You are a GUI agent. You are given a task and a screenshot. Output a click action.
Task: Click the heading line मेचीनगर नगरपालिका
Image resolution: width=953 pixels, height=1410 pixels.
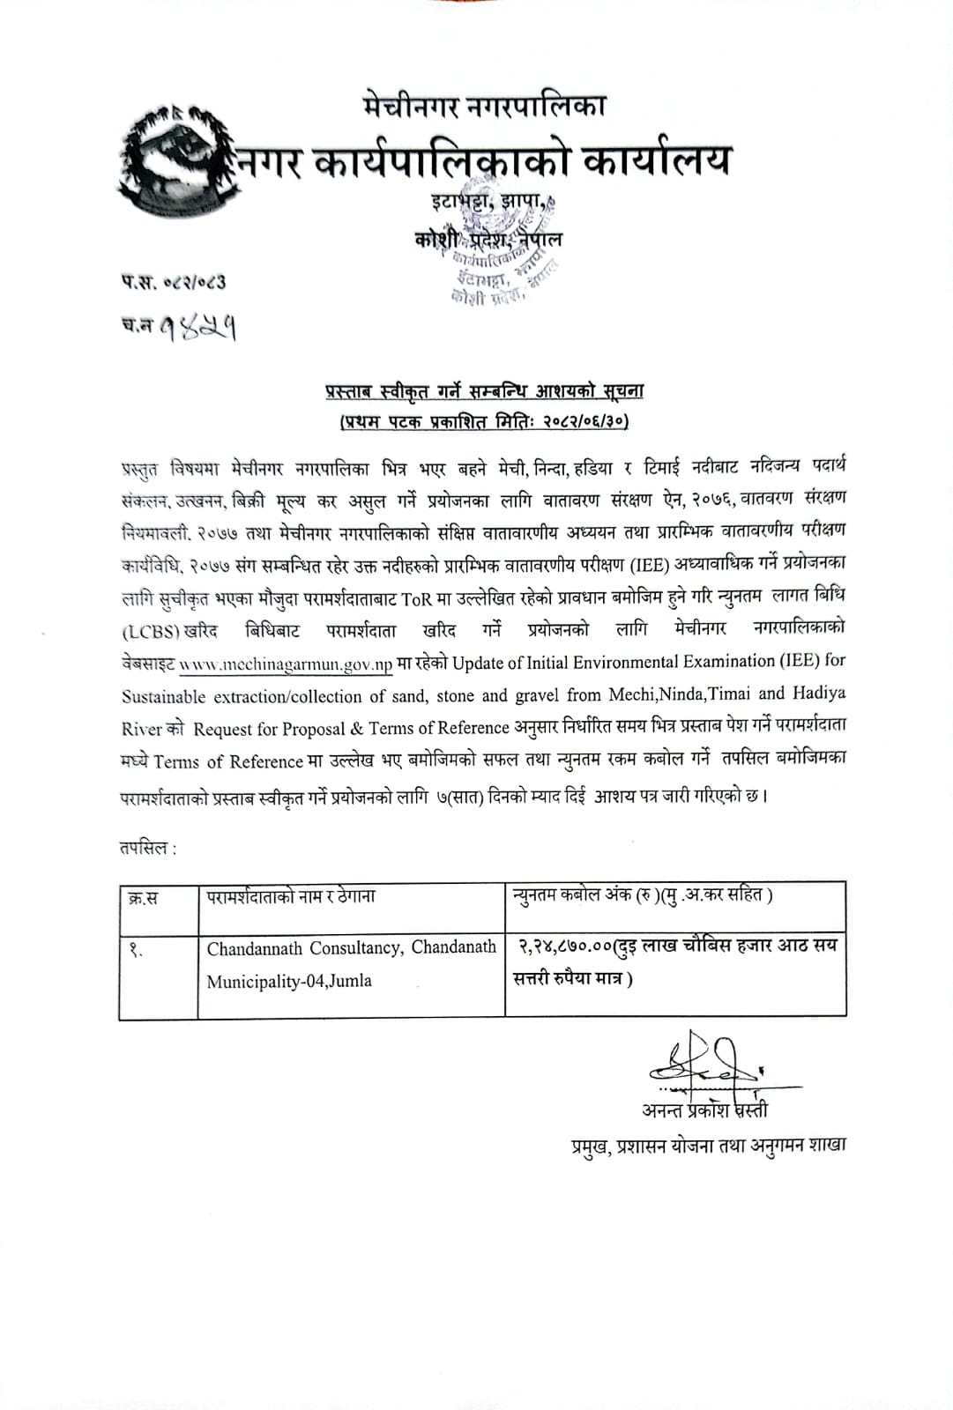(x=484, y=107)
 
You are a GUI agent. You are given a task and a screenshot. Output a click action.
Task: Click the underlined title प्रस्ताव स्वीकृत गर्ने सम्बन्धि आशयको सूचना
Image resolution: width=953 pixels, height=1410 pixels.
(x=484, y=390)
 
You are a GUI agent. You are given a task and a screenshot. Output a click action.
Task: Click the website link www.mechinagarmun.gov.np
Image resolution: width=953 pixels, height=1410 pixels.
(x=286, y=664)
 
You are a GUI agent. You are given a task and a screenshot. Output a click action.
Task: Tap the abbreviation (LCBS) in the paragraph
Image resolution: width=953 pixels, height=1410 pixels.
(x=151, y=631)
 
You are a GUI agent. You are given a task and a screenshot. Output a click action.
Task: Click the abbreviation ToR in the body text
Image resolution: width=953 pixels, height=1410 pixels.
(x=416, y=597)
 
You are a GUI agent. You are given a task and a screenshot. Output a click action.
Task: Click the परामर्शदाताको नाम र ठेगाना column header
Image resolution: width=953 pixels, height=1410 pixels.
(x=291, y=897)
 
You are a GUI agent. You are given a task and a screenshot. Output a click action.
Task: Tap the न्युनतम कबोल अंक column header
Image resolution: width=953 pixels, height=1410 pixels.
(x=643, y=895)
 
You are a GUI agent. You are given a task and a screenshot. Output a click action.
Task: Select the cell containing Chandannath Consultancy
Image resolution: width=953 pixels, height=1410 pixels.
(x=351, y=964)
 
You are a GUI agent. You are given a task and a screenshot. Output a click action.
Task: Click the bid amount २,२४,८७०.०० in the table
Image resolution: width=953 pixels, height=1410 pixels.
(x=565, y=946)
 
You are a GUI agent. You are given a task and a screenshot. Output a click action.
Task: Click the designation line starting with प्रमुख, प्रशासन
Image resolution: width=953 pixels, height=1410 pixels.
(x=708, y=1145)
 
